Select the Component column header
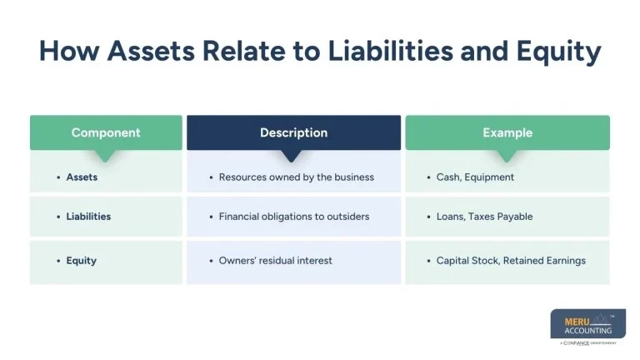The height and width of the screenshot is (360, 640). pyautogui.click(x=106, y=132)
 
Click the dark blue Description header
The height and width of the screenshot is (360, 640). pyautogui.click(x=293, y=132)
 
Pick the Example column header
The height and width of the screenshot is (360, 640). pyautogui.click(x=507, y=132)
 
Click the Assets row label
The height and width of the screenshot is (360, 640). pyautogui.click(x=82, y=177)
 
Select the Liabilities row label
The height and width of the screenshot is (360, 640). pyautogui.click(x=88, y=217)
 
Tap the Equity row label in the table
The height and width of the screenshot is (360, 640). pyautogui.click(x=82, y=261)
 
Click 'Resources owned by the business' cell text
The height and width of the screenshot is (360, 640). pyautogui.click(x=296, y=177)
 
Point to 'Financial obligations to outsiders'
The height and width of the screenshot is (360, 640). pyautogui.click(x=293, y=217)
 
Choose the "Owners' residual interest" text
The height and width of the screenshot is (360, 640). pyautogui.click(x=275, y=261)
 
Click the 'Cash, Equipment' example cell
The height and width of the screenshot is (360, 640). pyautogui.click(x=475, y=177)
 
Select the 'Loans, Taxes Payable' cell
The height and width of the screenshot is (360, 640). pyautogui.click(x=484, y=217)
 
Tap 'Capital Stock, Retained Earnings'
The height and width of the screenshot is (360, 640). pyautogui.click(x=511, y=261)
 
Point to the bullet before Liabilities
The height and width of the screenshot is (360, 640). pyautogui.click(x=58, y=217)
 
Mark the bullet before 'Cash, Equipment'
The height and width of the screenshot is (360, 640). pyautogui.click(x=428, y=177)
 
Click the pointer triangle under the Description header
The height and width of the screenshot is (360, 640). pyautogui.click(x=292, y=156)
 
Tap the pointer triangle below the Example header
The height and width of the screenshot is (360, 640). pyautogui.click(x=507, y=156)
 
